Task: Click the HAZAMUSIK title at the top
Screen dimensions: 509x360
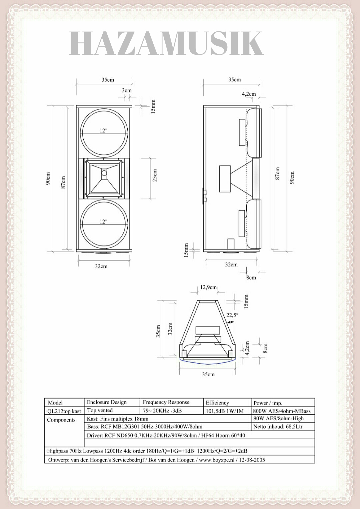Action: coord(166,44)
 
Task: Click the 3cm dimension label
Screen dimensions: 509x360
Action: coord(127,90)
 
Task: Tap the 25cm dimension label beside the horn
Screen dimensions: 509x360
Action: coord(155,175)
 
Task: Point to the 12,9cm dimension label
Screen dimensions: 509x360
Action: coord(208,287)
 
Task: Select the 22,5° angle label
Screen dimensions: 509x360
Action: coord(232,315)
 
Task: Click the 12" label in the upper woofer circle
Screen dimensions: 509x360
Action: coord(104,130)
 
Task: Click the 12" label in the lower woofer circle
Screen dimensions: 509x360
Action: coord(104,221)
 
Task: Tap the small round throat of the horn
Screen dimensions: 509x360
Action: coord(104,173)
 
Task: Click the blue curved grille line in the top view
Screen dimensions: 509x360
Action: coord(208,362)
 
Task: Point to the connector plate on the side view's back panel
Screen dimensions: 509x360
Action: coord(204,196)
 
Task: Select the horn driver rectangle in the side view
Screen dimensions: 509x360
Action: coord(225,179)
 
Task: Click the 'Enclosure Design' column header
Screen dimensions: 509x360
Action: coord(107,402)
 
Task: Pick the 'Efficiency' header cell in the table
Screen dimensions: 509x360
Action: coord(217,403)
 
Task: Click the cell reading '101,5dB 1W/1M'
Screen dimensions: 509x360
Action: coord(225,411)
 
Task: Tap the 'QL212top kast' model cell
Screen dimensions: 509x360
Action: coord(64,411)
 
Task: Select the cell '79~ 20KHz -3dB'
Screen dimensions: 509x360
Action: coord(162,411)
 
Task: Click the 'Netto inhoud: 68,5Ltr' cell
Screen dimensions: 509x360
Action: coord(278,427)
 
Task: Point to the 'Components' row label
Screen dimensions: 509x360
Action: coord(61,420)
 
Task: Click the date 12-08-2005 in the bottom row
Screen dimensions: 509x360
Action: coord(252,460)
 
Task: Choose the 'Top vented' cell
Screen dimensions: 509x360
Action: coord(100,411)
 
